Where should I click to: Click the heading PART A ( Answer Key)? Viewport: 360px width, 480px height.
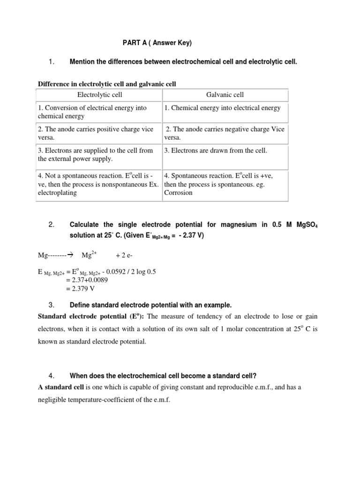click(157, 43)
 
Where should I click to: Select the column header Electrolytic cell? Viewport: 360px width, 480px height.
click(99, 95)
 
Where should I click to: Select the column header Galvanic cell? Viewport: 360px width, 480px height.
click(225, 95)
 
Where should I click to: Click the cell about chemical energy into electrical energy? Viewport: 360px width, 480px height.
click(223, 108)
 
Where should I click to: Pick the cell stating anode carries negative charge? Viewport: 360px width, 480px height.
click(225, 133)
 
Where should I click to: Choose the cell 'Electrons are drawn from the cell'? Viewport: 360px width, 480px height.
click(216, 150)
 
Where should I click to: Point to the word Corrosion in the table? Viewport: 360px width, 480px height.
click(179, 193)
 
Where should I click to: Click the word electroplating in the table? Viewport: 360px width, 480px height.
click(57, 193)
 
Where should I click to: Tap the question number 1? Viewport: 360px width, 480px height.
click(52, 61)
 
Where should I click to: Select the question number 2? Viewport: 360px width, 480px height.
click(52, 225)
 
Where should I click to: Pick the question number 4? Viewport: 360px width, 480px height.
click(52, 375)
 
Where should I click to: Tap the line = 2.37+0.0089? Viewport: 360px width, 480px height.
click(87, 280)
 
